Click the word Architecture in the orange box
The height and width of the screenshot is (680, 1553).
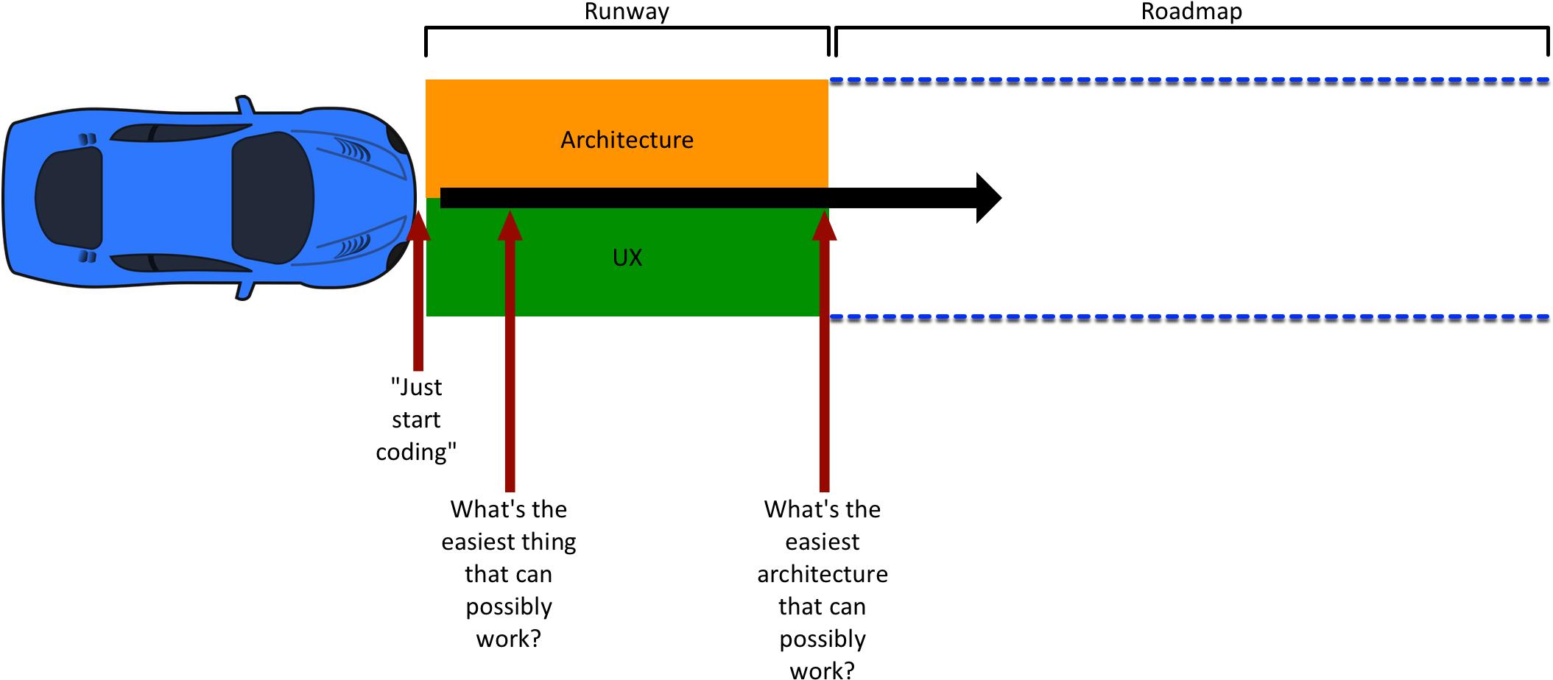627,140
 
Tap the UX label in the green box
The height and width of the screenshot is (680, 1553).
627,258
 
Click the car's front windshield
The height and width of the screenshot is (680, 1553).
271,197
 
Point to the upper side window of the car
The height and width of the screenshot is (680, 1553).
180,132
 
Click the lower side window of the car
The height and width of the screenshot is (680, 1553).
180,263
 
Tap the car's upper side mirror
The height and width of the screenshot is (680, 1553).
244,105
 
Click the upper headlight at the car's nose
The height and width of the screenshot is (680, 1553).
398,140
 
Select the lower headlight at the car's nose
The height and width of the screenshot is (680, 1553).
398,255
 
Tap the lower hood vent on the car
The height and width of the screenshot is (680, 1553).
353,245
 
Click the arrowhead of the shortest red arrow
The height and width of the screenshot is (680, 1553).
418,226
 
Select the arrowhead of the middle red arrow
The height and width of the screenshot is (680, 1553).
510,226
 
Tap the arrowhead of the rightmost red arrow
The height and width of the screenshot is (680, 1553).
825,226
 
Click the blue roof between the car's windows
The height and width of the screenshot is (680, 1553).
166,197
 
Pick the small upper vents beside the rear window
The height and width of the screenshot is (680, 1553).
88,138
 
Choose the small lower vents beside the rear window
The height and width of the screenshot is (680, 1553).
88,256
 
